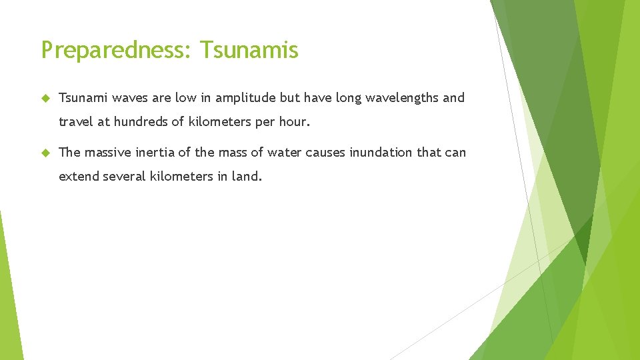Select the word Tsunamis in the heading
point(249,50)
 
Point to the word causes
point(325,153)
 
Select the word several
point(123,177)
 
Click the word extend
point(79,177)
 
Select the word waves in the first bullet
point(131,99)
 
